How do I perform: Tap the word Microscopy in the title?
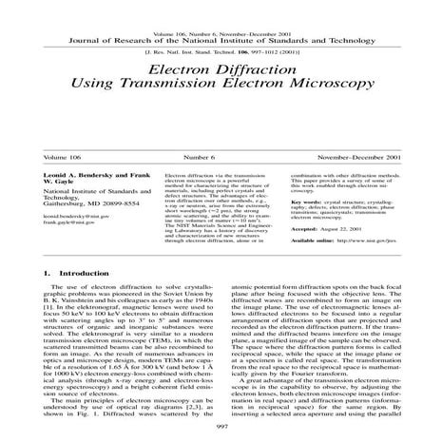(x=317, y=98)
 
